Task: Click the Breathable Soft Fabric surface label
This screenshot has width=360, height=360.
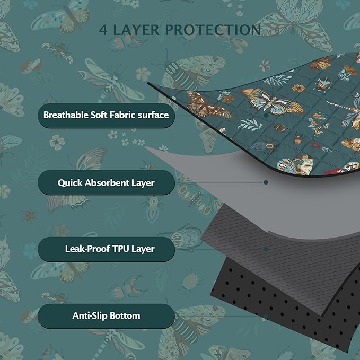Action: coord(106,115)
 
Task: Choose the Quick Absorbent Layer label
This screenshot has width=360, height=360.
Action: coord(106,183)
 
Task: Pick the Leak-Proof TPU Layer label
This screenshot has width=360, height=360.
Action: coord(106,248)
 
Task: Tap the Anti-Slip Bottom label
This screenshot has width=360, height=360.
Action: coord(106,315)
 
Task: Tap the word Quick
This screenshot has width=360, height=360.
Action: coord(70,183)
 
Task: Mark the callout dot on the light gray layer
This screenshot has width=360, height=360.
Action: coord(266,182)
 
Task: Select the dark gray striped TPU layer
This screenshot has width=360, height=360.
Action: coord(254,233)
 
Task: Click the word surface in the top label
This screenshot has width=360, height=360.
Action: coord(151,115)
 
